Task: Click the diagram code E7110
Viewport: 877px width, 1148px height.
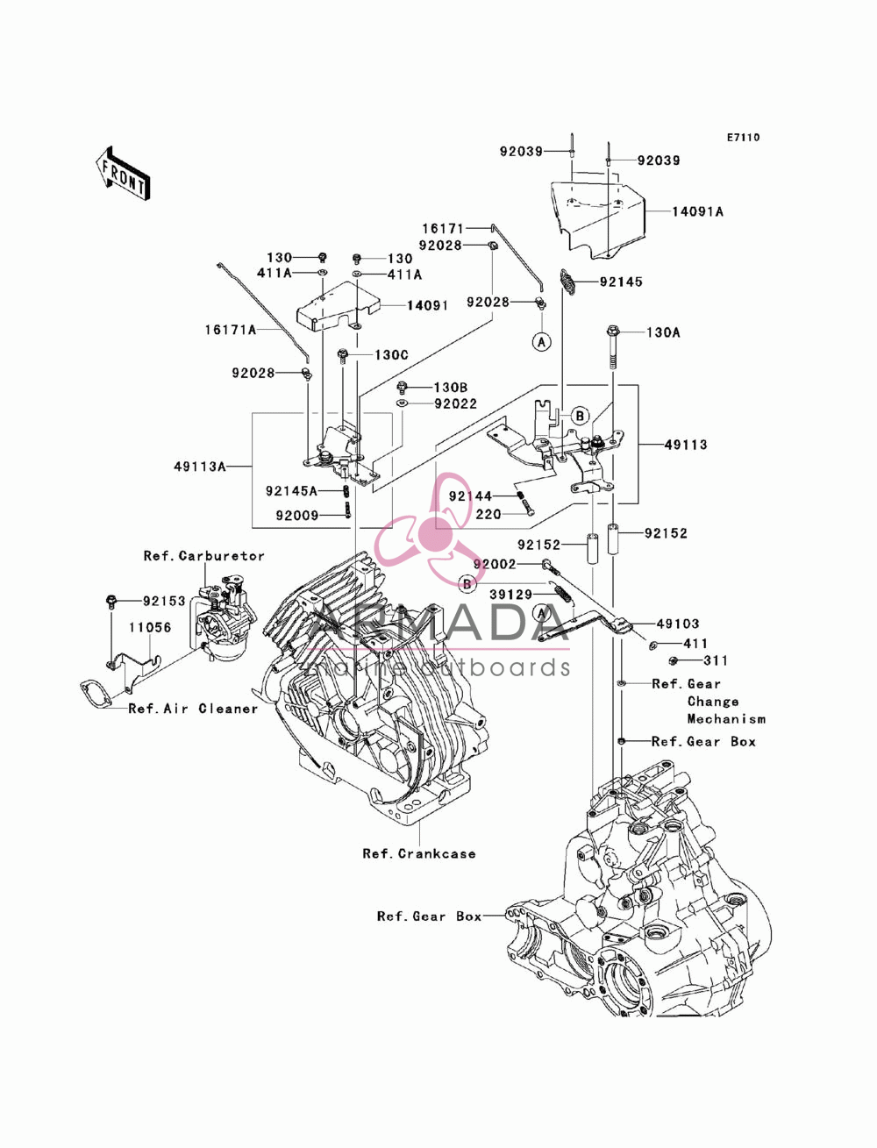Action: [x=743, y=138]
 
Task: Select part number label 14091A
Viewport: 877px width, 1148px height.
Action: [x=697, y=211]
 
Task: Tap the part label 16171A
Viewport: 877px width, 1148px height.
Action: [x=230, y=330]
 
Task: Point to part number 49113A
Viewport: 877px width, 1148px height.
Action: [x=200, y=466]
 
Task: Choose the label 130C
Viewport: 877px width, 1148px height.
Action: [x=391, y=354]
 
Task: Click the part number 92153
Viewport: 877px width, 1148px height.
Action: [x=164, y=601]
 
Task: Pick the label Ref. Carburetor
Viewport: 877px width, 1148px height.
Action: [x=204, y=555]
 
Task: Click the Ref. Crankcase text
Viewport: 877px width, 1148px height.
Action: [x=419, y=853]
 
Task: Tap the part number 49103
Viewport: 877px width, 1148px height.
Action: [x=678, y=624]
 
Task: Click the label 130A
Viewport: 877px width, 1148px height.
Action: [x=663, y=332]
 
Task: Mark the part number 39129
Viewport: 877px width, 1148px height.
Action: [x=510, y=594]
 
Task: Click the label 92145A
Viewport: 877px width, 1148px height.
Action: [x=291, y=490]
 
